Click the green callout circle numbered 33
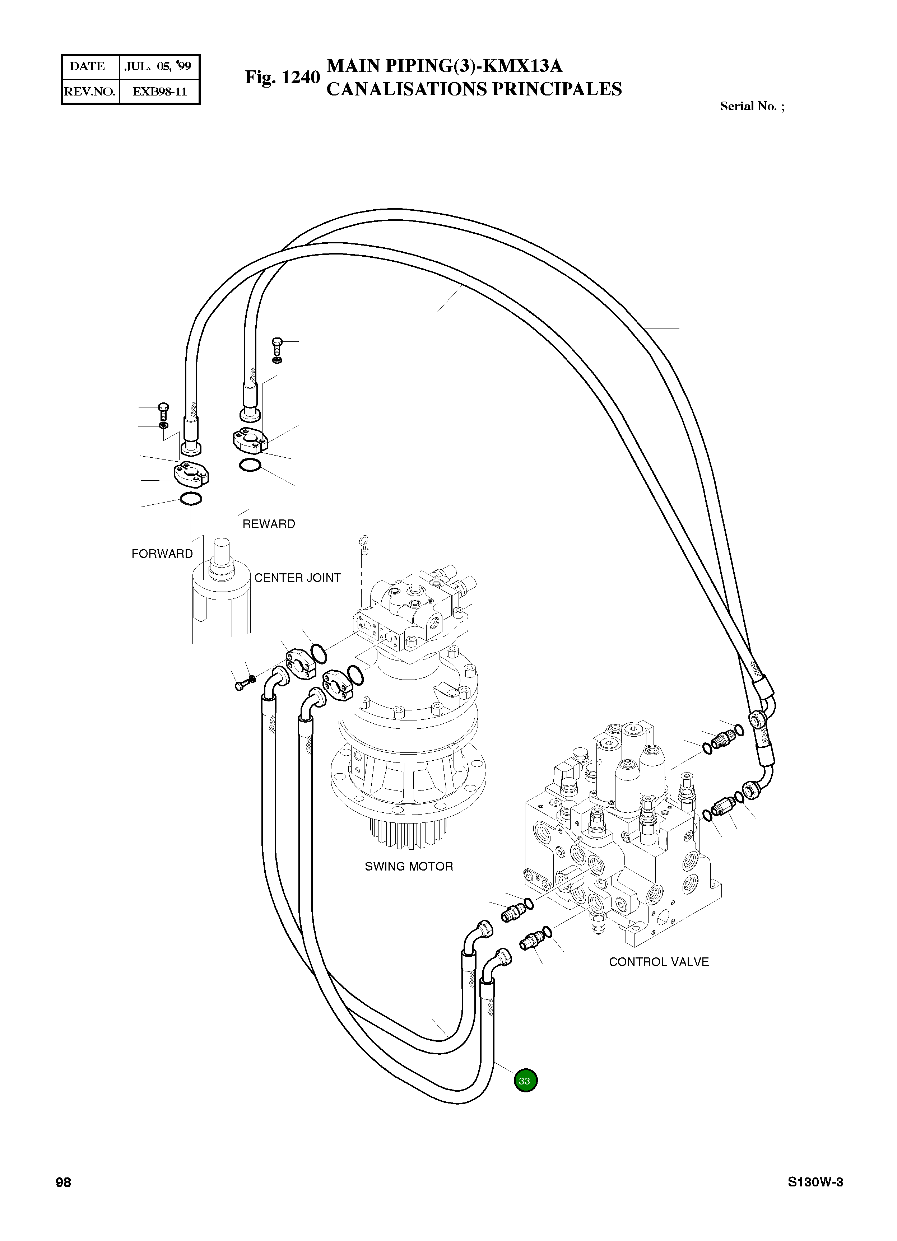[x=525, y=1080]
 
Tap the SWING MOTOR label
[x=409, y=866]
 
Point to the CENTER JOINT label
[x=297, y=578]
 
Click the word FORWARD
[x=162, y=554]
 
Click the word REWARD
[x=268, y=524]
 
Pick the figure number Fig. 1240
[x=282, y=78]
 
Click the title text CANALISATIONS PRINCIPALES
[x=474, y=89]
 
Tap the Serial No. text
[x=752, y=107]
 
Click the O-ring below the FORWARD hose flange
[x=190, y=499]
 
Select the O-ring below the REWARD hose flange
[x=250, y=466]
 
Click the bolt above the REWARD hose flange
[x=278, y=344]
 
